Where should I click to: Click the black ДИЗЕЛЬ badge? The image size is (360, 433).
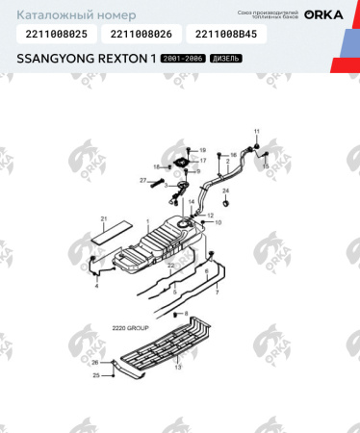coord(222,59)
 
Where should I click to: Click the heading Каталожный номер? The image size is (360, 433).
coord(59,15)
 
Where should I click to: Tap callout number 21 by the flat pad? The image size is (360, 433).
coord(104,219)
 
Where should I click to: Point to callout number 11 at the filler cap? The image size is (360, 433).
coord(257,130)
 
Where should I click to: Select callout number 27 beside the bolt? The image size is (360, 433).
coord(142,180)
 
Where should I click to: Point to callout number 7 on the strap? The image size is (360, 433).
coord(217,291)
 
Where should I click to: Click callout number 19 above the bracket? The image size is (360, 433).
coord(202,151)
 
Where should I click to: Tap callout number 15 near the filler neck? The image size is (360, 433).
coord(265,166)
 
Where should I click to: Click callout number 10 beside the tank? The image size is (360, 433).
coord(218,222)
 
